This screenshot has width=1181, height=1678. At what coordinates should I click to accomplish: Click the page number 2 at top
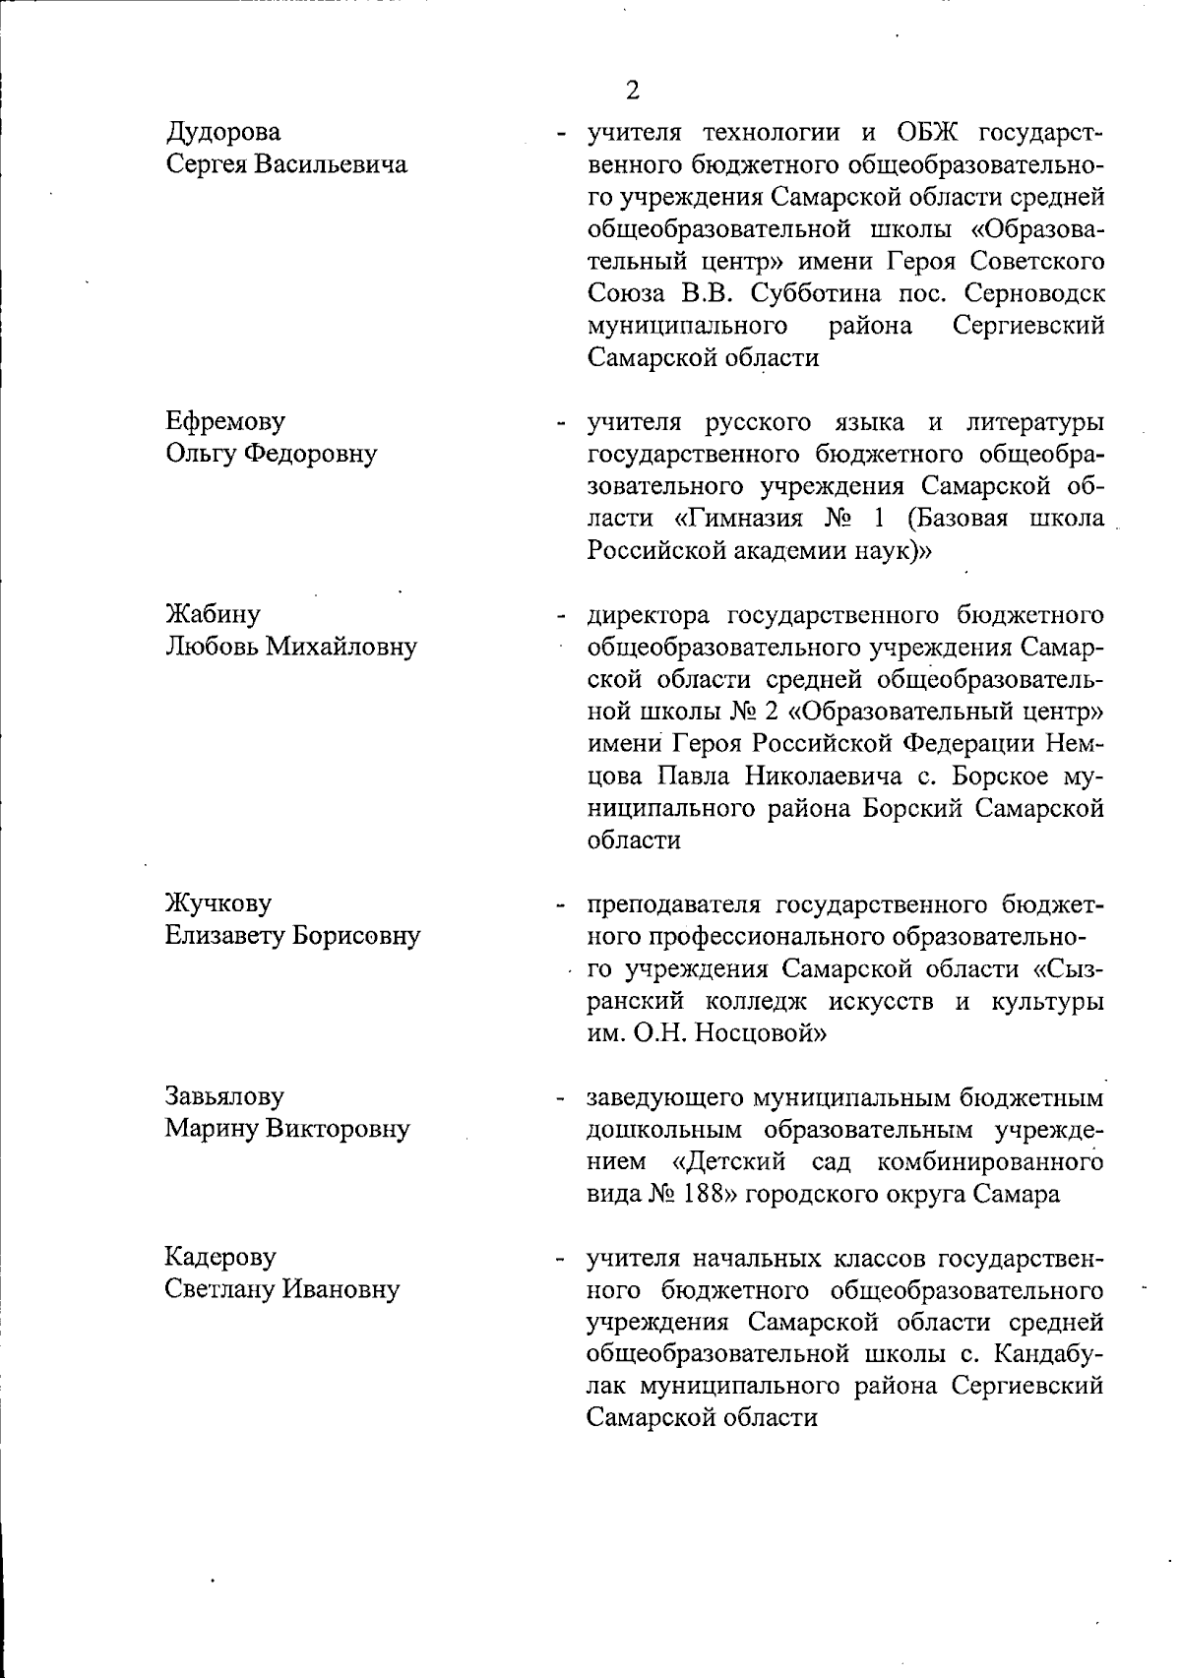pyautogui.click(x=632, y=91)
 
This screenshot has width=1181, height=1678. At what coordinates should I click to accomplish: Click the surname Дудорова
pyautogui.click(x=222, y=132)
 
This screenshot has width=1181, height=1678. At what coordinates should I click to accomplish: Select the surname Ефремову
pyautogui.click(x=225, y=421)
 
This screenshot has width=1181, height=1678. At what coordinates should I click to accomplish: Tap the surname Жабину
pyautogui.click(x=213, y=615)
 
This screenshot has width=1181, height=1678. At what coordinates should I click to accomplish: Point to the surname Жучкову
pyautogui.click(x=218, y=903)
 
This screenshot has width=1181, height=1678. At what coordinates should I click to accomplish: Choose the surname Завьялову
pyautogui.click(x=224, y=1096)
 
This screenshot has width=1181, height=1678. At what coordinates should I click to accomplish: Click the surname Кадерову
pyautogui.click(x=220, y=1257)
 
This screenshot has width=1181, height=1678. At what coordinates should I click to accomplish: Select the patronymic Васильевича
pyautogui.click(x=332, y=164)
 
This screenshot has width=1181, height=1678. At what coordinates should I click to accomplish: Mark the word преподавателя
pyautogui.click(x=672, y=903)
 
